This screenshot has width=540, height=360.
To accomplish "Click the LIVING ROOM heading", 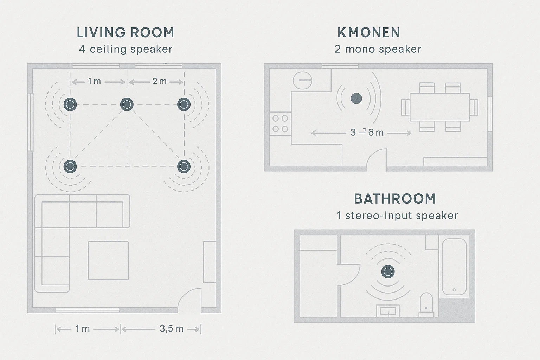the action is point(126,33).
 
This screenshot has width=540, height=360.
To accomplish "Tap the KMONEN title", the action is point(369,33).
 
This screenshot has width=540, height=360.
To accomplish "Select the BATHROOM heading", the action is point(395,199).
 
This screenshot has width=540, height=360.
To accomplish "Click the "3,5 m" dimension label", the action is point(172,328).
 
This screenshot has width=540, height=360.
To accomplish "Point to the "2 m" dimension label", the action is point(159,81).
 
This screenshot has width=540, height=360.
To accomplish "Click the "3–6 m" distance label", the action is point(367,133).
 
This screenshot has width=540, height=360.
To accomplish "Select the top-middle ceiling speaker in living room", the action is point(127,104).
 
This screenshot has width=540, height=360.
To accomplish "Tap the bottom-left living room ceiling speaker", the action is point(70,166).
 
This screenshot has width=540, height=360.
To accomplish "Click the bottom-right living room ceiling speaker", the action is point(184,166).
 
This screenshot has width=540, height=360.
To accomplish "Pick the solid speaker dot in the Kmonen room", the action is point(356,98).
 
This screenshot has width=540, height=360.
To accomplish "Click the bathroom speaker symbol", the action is point(388,271).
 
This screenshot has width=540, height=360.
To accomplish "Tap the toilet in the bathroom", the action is point(426,305).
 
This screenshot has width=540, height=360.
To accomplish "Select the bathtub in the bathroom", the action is point(454,267).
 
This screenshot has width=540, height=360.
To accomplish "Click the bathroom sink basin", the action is point(388,311).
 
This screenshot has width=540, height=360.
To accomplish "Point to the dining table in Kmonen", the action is point(440,107).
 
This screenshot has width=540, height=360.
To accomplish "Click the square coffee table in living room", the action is point(108,261).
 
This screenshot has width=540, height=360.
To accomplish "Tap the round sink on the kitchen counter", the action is point(303,80).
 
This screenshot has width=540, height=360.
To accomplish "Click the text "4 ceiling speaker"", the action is point(126,49).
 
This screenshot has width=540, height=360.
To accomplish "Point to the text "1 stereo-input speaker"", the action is point(397,215).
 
